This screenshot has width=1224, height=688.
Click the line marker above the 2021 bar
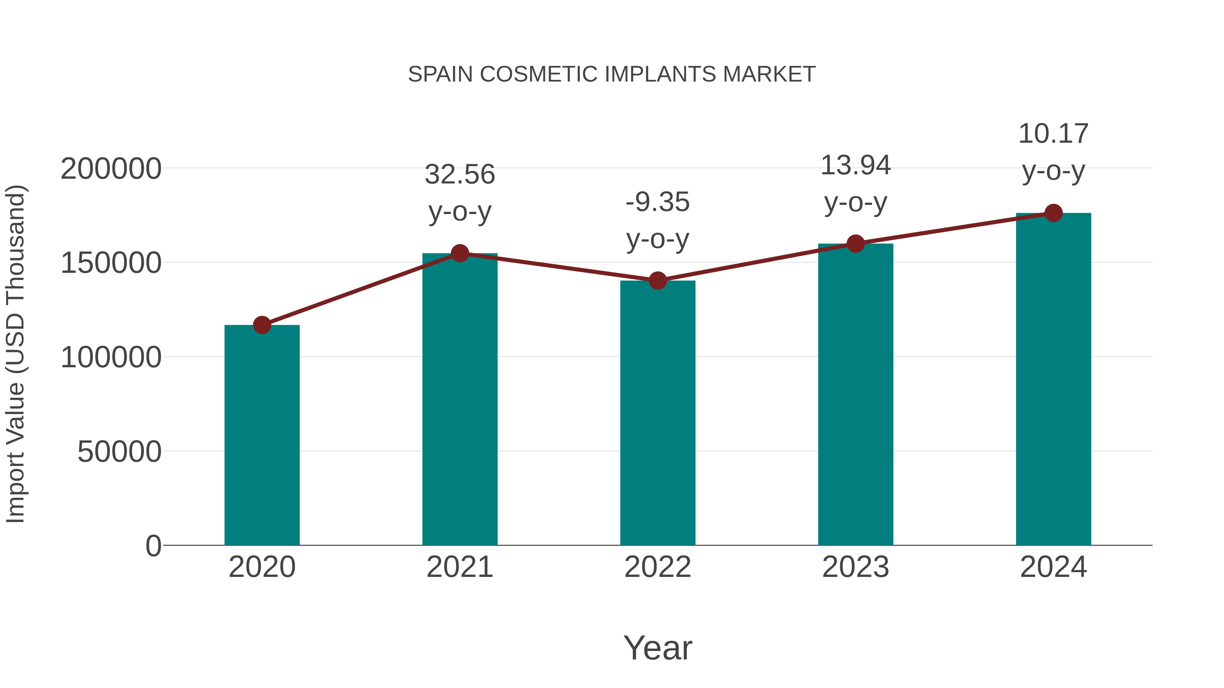point(460,253)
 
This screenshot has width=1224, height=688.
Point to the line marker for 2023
point(856,244)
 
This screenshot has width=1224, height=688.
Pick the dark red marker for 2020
point(262,325)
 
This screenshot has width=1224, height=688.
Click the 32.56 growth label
point(460,174)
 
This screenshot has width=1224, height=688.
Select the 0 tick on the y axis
point(153,546)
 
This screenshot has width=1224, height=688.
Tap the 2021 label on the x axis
point(460,567)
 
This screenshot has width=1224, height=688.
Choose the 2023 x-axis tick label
point(856,567)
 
